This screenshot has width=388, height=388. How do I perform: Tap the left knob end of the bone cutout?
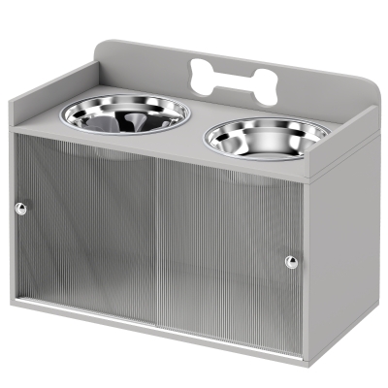point(200,75)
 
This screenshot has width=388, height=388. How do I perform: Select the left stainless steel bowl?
point(125,113)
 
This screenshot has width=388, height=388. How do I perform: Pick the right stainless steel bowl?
point(268,139)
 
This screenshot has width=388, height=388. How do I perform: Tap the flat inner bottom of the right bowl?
point(267,145)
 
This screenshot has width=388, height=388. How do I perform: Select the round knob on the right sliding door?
point(292,262)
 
